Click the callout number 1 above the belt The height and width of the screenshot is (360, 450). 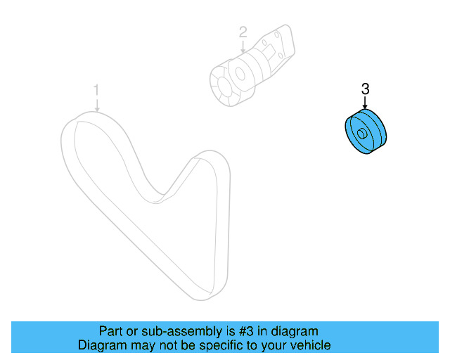tap(97, 90)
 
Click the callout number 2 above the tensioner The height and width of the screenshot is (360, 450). tap(243, 32)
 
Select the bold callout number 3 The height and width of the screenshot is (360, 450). tap(365, 89)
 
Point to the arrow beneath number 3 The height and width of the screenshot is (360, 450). tap(365, 103)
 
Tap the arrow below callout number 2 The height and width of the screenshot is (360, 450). tap(243, 46)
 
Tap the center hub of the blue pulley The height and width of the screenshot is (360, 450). tap(361, 134)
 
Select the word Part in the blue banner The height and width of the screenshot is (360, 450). tap(111, 331)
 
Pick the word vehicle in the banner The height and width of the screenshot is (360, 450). tap(309, 346)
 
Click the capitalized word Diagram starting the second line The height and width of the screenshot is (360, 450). tap(101, 346)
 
